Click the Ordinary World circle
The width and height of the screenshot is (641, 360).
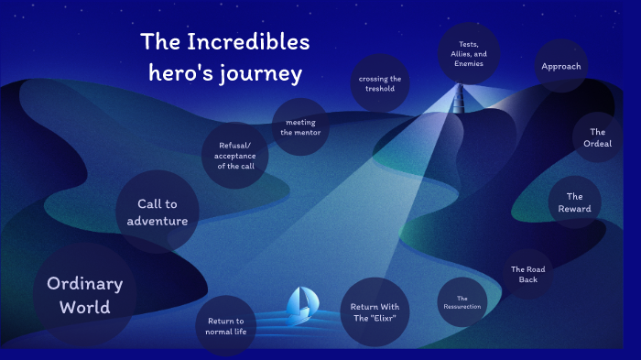click(x=84, y=295)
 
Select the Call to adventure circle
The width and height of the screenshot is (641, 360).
click(x=158, y=212)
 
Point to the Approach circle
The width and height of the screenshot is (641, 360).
click(x=560, y=66)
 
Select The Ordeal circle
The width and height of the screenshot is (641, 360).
click(x=598, y=137)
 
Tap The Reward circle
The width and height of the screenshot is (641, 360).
click(x=574, y=202)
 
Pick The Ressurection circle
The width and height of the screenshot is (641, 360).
click(x=462, y=302)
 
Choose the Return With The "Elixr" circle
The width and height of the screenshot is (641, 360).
click(x=374, y=311)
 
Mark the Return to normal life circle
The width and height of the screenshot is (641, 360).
click(x=225, y=326)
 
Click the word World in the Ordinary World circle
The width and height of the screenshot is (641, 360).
click(x=84, y=308)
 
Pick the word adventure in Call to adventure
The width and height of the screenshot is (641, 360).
click(x=158, y=221)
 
